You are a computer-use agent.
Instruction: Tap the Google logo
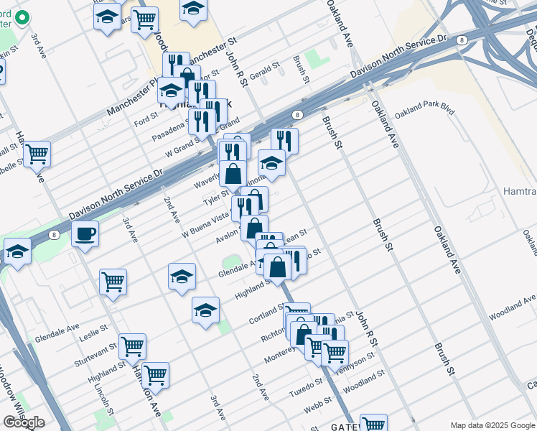(x=24, y=422)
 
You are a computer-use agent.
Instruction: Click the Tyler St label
(x=215, y=197)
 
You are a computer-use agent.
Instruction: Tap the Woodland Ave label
(x=513, y=305)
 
